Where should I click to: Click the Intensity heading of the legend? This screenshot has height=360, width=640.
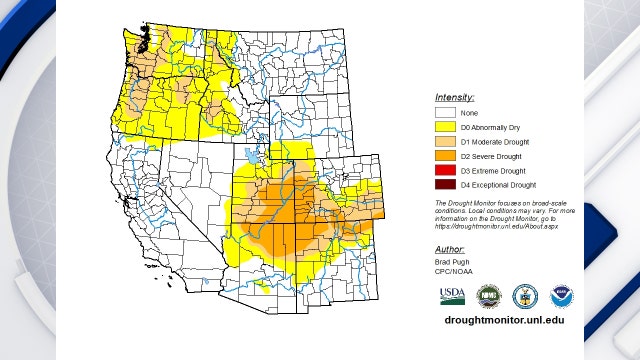tap(454, 98)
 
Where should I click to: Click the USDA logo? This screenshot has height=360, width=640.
tap(452, 296)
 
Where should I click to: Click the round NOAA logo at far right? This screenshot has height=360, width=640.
tap(562, 296)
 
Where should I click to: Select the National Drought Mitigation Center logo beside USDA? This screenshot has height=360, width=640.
tap(488, 296)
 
